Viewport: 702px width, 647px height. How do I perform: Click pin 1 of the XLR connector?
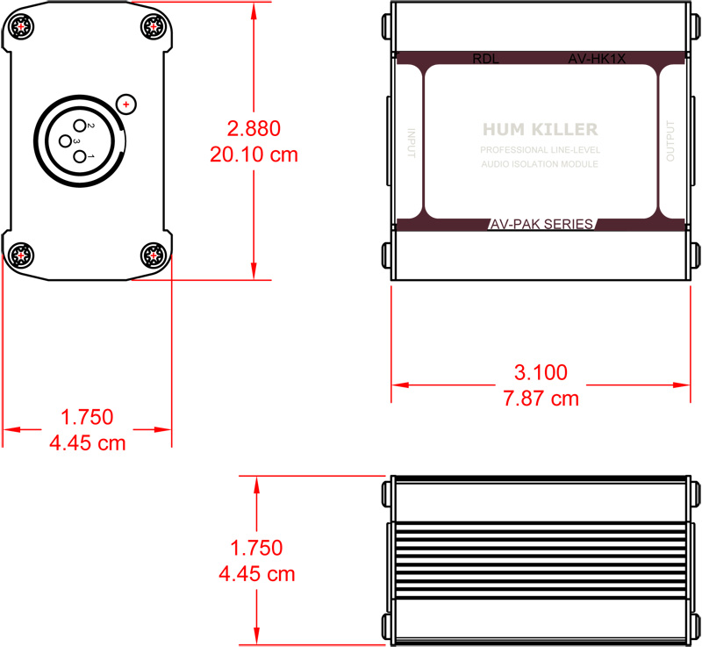tap(81, 156)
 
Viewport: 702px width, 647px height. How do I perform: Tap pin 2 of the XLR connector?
tap(80, 126)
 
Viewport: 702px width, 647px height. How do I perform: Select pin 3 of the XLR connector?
tap(65, 140)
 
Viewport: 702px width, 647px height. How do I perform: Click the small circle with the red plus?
tap(127, 105)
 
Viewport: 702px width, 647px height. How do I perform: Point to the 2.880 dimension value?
tap(254, 128)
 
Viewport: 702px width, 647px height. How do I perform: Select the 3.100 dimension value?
tap(540, 371)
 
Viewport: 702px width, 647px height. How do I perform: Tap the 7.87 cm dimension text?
tap(540, 398)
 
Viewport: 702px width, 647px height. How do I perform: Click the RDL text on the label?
tap(484, 60)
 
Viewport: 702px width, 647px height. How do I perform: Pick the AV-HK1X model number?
tap(597, 60)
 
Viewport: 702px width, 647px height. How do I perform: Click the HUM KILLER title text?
tap(540, 130)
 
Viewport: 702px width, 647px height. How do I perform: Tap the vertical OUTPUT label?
tap(671, 141)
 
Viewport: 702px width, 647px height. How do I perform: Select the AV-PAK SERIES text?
tap(541, 224)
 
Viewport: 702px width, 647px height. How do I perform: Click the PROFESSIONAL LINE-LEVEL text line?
tap(540, 150)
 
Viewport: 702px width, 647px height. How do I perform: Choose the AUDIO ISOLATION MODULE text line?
tap(540, 164)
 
